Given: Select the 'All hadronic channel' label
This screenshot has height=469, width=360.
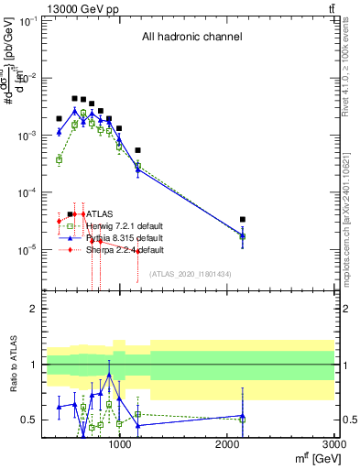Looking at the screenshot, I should tap(191, 38).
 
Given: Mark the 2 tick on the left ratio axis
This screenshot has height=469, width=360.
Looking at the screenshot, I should tap(33, 310).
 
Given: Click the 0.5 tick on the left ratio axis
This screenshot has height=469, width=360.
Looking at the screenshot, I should tap(30, 420).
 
